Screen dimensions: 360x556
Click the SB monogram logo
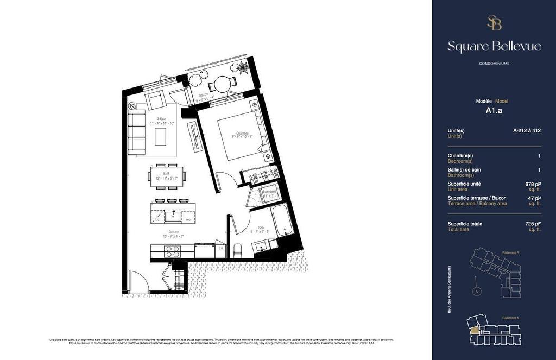[494, 23]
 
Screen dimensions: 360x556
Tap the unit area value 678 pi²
[534, 184]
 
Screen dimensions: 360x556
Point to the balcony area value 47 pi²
[535, 198]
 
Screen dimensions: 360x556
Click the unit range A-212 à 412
[527, 130]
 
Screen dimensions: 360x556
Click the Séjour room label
[162, 118]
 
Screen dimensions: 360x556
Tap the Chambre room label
[242, 133]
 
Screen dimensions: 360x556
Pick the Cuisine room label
[174, 232]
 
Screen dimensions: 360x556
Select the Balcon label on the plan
[204, 95]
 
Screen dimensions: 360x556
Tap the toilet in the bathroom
[237, 250]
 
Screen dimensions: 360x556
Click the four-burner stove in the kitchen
[172, 251]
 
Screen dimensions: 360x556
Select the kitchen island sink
[174, 217]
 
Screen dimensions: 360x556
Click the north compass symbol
[476, 292]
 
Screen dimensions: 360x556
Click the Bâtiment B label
[511, 252]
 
